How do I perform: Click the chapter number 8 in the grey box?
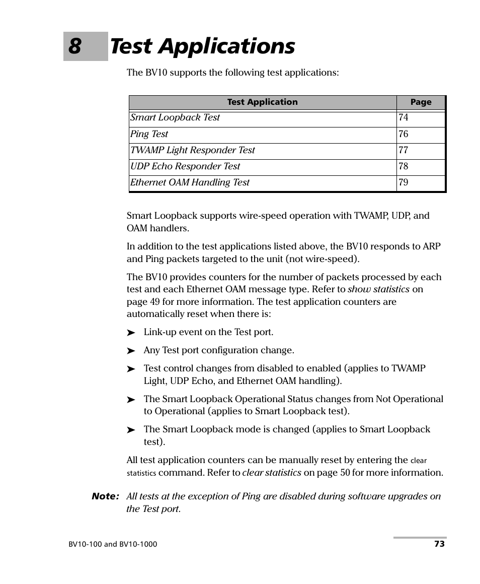[75, 46]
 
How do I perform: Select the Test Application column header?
[262, 102]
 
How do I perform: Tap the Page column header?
[421, 102]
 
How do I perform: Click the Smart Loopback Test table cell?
[175, 118]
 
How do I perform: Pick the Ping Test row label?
[149, 134]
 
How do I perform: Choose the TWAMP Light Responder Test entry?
[192, 150]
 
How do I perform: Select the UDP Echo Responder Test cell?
[185, 166]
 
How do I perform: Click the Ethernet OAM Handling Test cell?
[190, 182]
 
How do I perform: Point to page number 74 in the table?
[404, 118]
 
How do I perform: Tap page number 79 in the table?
[404, 182]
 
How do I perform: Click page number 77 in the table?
[404, 150]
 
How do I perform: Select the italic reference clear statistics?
[272, 473]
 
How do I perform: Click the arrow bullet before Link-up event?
[131, 333]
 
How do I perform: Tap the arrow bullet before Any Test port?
[131, 351]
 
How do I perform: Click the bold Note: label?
[105, 496]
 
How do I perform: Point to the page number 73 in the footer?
[439, 544]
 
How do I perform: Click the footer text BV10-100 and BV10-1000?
[112, 544]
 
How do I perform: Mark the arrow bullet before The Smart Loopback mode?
[131, 430]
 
